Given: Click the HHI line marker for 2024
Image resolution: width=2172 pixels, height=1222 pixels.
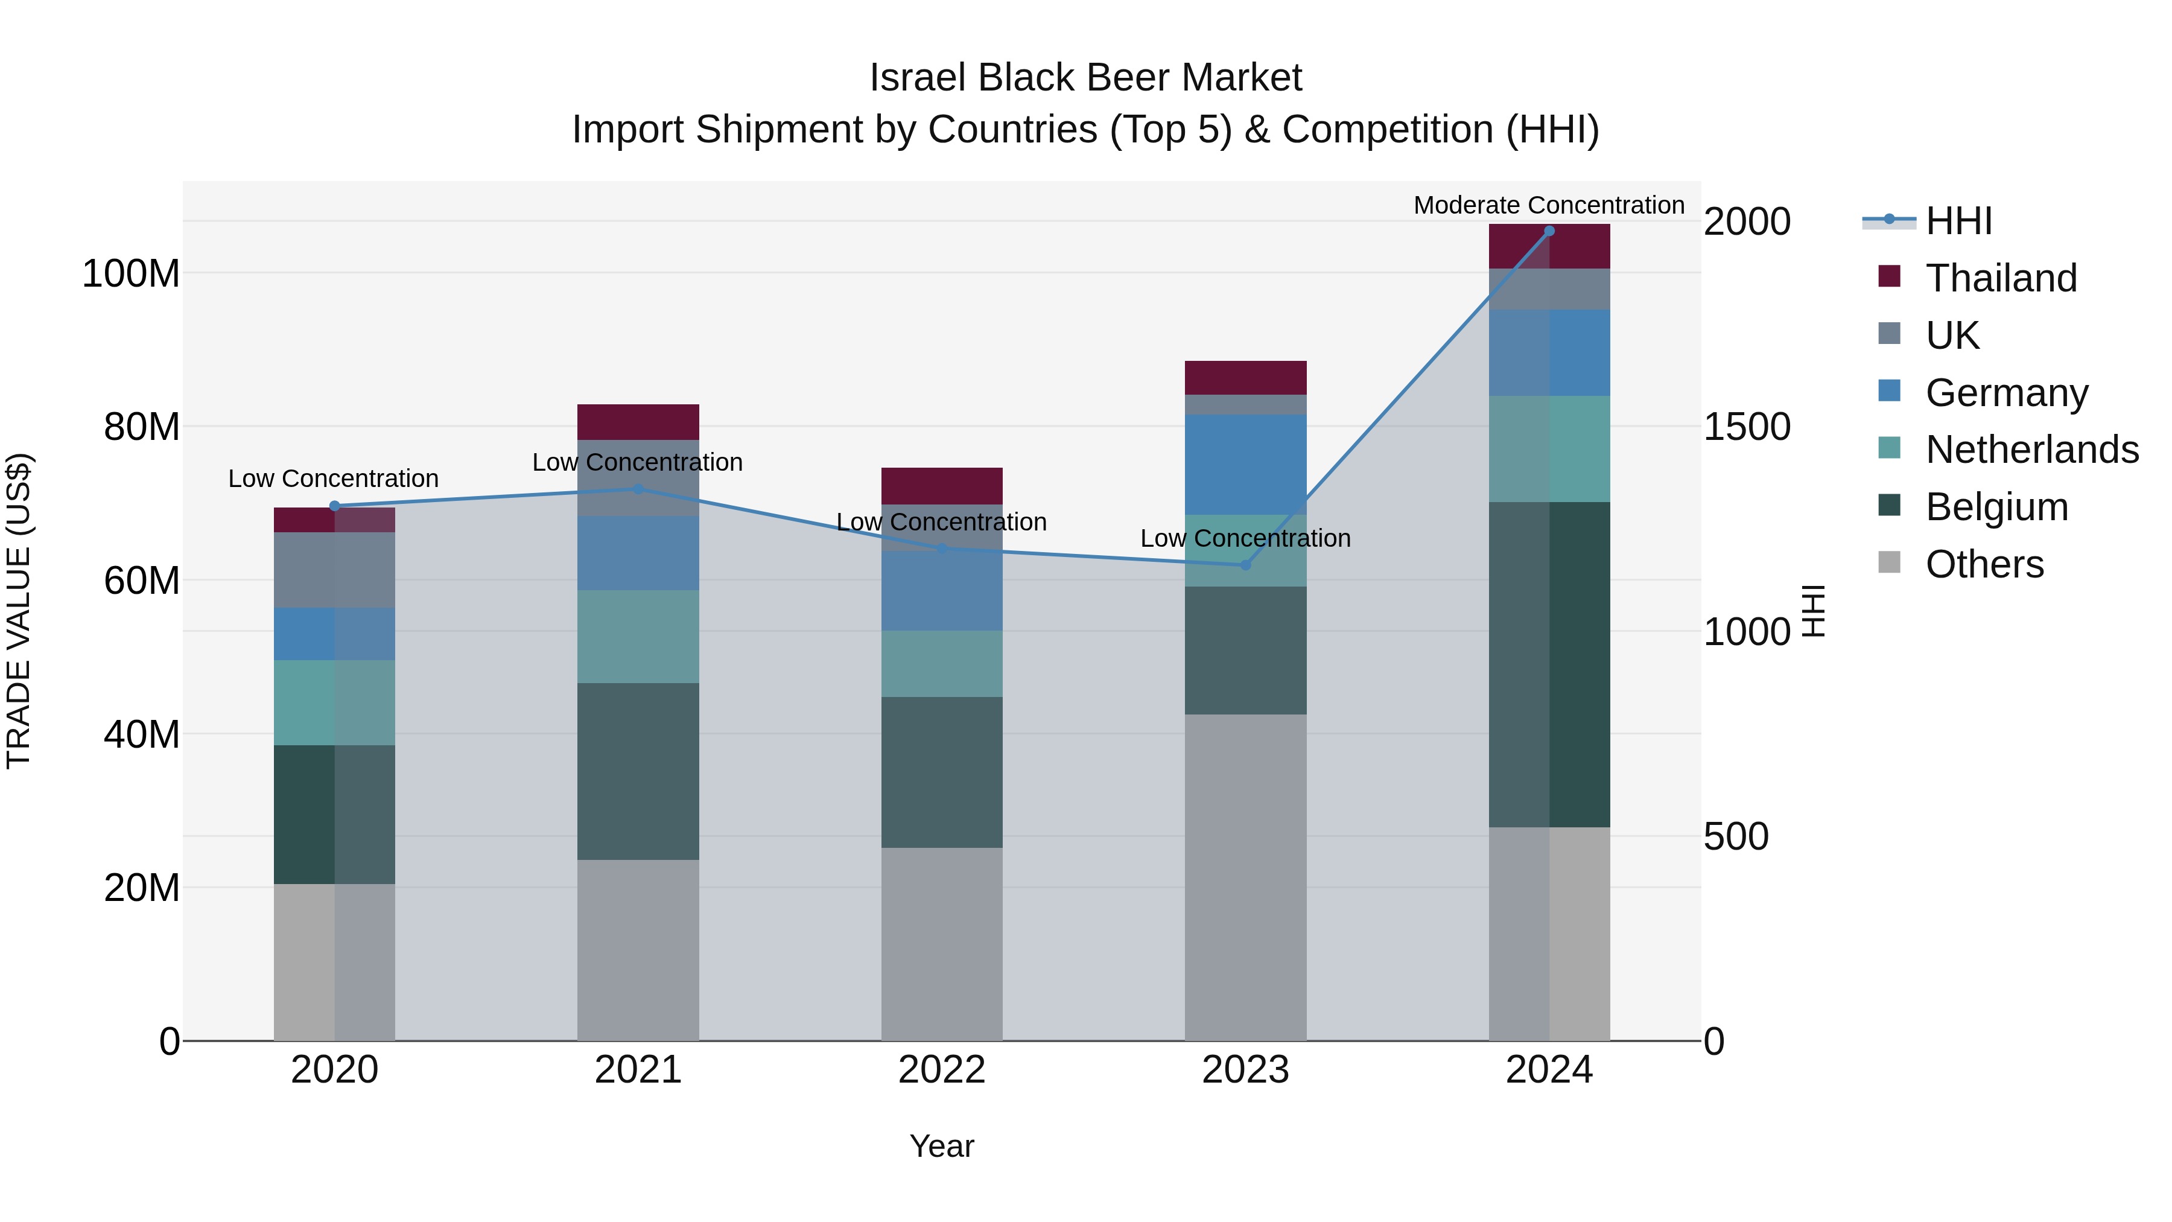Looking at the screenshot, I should [x=1549, y=231].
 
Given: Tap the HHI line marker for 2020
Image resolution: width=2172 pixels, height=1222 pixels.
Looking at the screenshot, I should [x=335, y=506].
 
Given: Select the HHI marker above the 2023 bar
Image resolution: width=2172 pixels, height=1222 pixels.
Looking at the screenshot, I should [x=1245, y=565].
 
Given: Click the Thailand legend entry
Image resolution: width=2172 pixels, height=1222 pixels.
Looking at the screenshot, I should [x=2000, y=278].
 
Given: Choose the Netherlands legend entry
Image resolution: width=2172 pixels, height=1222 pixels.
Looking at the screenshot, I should [x=2030, y=450].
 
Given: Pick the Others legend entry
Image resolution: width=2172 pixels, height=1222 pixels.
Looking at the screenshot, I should [x=1983, y=564].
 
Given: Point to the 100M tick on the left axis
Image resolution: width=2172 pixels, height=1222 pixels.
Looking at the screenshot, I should [x=131, y=274].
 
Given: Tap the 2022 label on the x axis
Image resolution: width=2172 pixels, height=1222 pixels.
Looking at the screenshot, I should [x=942, y=1070].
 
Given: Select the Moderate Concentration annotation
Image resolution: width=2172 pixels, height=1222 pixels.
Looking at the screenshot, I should [x=1549, y=205].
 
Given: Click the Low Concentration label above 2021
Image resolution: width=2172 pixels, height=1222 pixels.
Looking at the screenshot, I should [x=638, y=462].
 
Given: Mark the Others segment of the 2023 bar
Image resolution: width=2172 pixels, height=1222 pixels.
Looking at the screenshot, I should [x=1245, y=877].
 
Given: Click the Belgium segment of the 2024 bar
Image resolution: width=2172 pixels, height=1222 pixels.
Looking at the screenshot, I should [x=1549, y=664].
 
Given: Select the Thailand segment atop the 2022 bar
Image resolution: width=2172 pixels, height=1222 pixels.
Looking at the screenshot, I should [x=942, y=486].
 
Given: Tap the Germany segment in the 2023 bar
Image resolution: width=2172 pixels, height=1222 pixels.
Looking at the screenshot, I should [x=1245, y=464].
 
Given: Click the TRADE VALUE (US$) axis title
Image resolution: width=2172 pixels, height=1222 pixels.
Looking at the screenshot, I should [x=19, y=611].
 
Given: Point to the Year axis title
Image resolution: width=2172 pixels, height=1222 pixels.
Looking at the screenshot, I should [x=942, y=1146].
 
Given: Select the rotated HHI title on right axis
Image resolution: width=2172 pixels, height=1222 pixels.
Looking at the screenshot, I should [x=1814, y=611].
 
